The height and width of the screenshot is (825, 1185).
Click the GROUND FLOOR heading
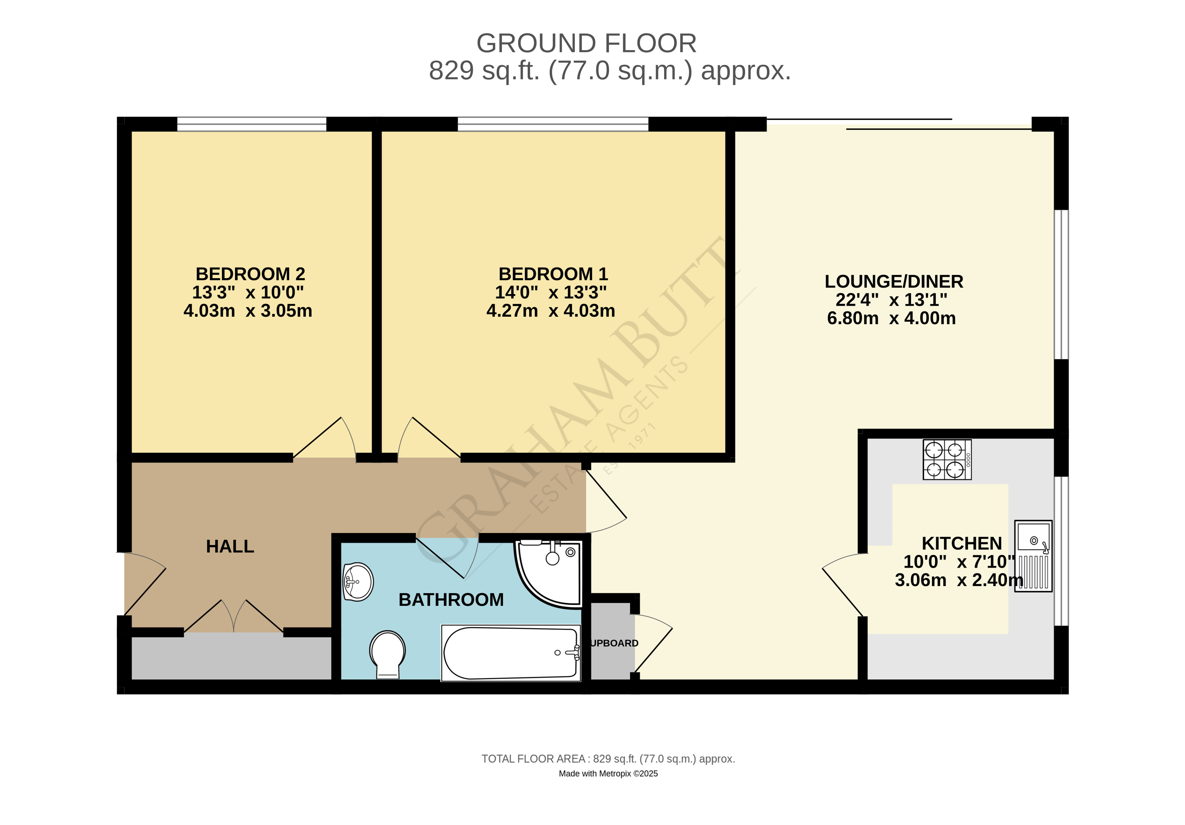586,43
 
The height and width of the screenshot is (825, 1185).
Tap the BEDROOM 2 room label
250,274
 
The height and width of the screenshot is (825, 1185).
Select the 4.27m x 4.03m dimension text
551,311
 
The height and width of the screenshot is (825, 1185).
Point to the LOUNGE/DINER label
893,281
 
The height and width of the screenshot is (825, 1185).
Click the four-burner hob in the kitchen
947,459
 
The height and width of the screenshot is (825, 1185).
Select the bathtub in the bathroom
510,653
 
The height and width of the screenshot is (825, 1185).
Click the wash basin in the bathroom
358,582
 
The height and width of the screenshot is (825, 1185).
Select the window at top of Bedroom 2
252,124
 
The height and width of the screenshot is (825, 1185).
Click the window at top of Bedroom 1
553,124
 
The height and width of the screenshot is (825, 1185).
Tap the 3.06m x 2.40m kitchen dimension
958,580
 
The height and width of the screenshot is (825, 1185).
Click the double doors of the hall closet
234,617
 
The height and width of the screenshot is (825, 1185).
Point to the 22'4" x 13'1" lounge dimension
891,300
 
